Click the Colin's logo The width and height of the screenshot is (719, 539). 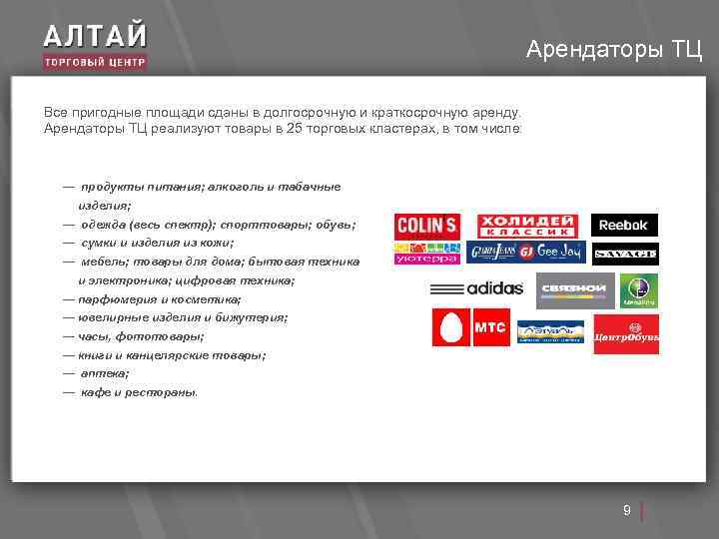pos(427,226)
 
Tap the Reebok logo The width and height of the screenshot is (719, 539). pos(624,226)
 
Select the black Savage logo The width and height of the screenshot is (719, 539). pos(625,255)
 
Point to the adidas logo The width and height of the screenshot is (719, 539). pos(477,289)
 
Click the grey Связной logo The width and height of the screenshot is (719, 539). pos(574,290)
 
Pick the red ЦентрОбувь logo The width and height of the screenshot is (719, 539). pos(626,334)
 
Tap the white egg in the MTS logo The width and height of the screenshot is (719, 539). pos(451,327)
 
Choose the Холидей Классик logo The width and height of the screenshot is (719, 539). pos(526,226)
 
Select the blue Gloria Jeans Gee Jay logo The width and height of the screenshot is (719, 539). pos(526,253)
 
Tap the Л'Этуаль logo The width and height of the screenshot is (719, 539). pos(550,331)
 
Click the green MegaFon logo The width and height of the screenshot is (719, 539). pos(639,290)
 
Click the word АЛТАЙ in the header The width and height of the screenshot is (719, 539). pos(95,36)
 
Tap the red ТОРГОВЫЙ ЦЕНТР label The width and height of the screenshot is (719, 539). pos(95,62)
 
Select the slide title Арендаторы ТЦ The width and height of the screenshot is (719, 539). pos(613,49)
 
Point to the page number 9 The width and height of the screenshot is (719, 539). pos(626,511)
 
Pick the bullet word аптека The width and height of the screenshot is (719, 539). pos(104,373)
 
